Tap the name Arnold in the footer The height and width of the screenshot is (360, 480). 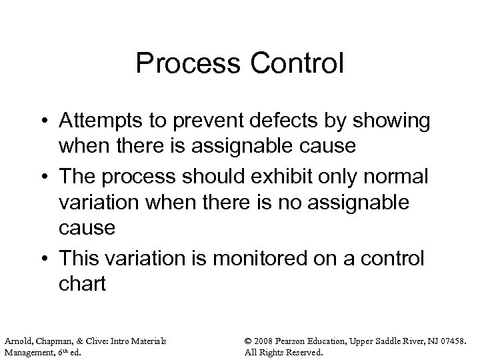coord(17,341)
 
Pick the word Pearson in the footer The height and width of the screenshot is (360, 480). coord(305,341)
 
